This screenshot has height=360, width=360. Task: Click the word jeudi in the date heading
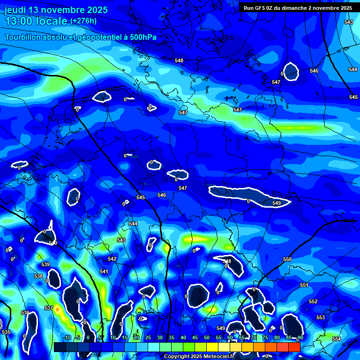click(x=15, y=10)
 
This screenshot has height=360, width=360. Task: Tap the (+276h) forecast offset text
click(x=83, y=21)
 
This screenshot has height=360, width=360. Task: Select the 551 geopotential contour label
click(x=304, y=285)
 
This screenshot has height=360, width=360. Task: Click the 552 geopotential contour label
click(x=313, y=301)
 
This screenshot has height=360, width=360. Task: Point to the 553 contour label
click(x=321, y=317)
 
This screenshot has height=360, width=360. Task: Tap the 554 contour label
click(x=336, y=338)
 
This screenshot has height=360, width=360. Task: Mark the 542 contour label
click(x=112, y=259)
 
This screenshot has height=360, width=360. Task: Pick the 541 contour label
click(x=104, y=271)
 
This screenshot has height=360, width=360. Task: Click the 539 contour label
click(x=45, y=265)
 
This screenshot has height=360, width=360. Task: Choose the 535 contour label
click(x=6, y=332)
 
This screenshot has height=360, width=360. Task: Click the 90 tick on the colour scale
click(x=300, y=337)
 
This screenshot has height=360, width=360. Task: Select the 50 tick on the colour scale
click(x=207, y=337)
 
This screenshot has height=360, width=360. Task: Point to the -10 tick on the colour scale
click(x=67, y=337)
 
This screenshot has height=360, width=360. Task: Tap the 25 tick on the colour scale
click(x=148, y=337)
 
